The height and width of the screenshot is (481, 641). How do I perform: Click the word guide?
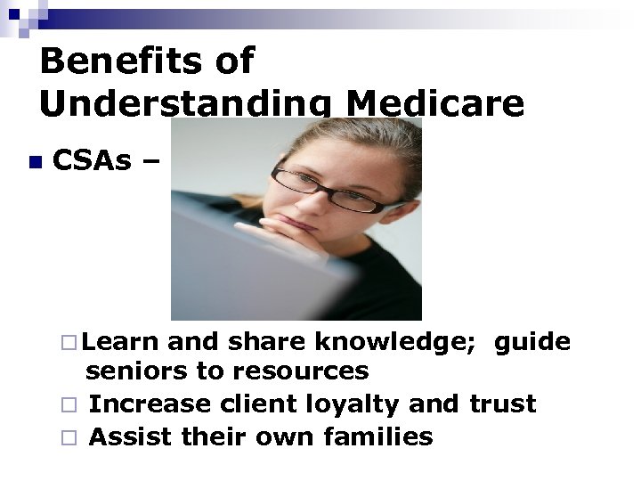click(x=532, y=341)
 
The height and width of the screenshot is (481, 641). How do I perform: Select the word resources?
click(x=302, y=371)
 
